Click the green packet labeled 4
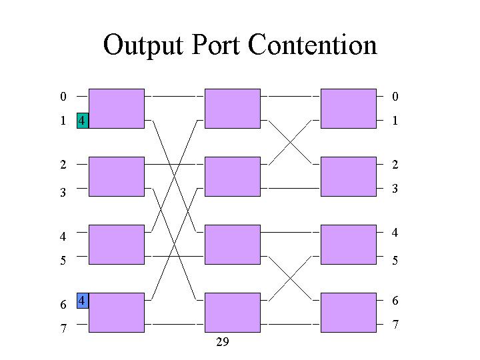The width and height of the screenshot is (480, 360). pos(83,121)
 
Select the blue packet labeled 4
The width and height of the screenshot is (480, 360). pos(83,301)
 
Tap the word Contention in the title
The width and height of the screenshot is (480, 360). pos(312,45)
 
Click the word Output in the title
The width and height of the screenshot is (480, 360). pos(143,46)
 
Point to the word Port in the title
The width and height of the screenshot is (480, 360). pos(215,45)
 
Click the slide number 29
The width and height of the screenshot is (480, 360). pos(223,341)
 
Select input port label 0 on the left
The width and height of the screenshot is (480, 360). pos(63,97)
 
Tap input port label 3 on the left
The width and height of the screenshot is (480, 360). pos(63,192)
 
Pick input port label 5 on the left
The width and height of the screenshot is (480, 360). pos(63,260)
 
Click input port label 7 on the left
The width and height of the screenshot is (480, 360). pos(63,328)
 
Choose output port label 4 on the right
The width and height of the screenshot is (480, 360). pos(395,233)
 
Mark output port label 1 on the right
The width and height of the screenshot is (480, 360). pos(395,121)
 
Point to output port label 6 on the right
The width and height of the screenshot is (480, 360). pos(395,301)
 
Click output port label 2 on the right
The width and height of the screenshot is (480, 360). pos(395,165)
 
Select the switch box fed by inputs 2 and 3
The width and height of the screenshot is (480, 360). pos(117,177)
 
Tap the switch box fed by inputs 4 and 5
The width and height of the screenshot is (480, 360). pos(117,245)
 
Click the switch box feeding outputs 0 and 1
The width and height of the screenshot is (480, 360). pos(349,109)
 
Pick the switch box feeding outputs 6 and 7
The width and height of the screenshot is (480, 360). pos(349,313)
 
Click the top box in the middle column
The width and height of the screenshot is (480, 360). pos(233,109)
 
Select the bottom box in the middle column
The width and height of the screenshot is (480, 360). pos(233,313)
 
